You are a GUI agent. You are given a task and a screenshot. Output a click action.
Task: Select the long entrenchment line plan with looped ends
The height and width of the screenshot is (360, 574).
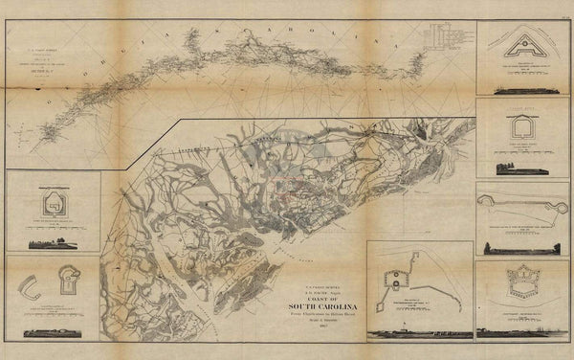coord(521,202)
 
